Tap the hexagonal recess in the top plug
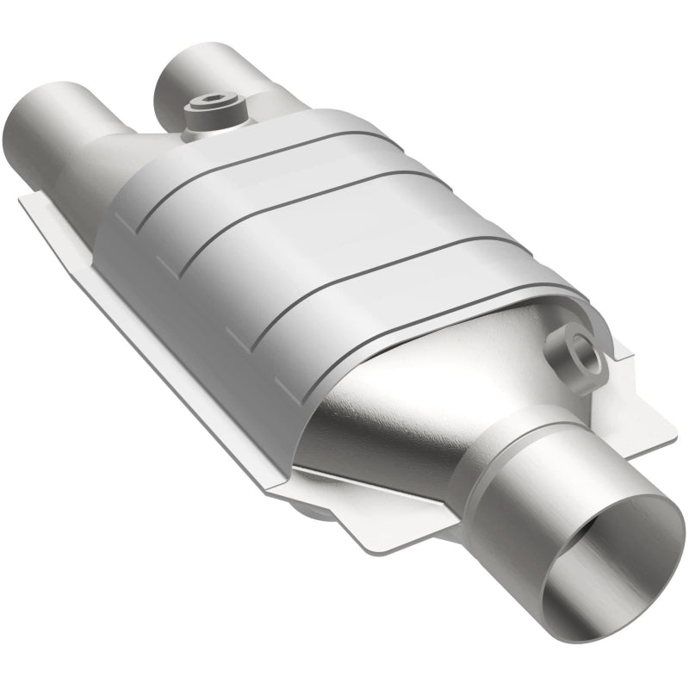click(x=212, y=106)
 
